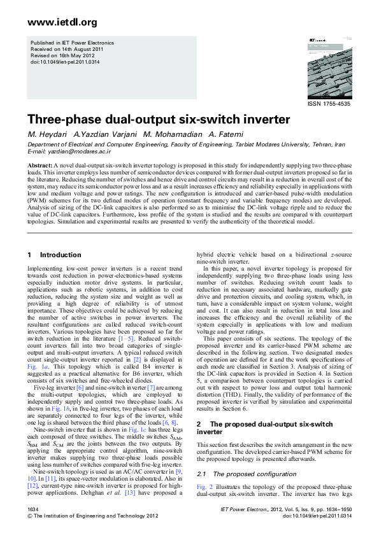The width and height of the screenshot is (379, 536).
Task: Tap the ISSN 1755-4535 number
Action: [x=329, y=103]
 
